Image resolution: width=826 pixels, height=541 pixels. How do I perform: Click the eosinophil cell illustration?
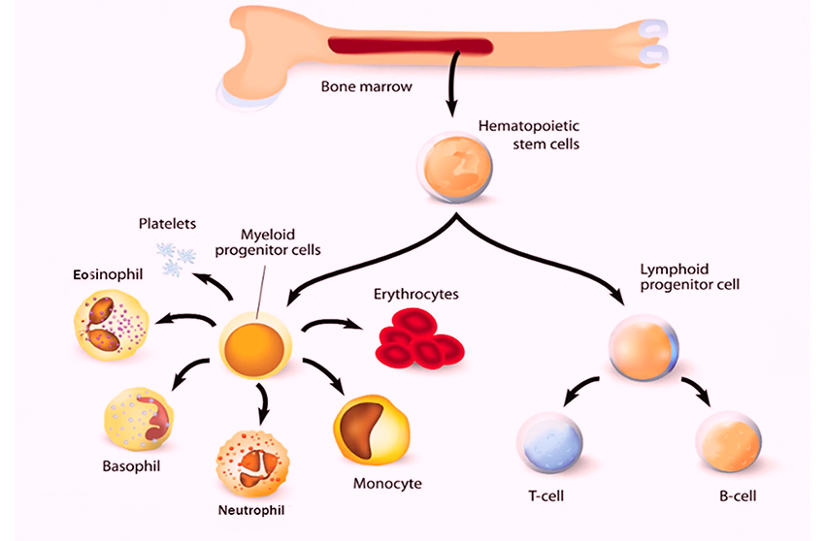[110, 324]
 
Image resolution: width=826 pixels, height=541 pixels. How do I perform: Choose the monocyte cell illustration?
[371, 430]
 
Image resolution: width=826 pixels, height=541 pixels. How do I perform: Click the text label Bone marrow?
[366, 86]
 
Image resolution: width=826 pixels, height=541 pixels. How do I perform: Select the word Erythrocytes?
[416, 293]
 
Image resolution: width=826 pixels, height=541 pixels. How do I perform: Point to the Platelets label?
[166, 224]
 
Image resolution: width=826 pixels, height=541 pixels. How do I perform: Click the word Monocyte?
[387, 483]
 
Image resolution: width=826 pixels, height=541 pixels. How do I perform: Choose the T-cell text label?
[546, 495]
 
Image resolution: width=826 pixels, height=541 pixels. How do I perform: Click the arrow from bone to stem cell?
[452, 86]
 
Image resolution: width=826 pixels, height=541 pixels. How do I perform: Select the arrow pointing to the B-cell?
[694, 391]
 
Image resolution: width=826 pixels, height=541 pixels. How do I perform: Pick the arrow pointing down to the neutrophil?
[260, 402]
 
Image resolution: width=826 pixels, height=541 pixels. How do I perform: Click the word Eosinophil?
[108, 274]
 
